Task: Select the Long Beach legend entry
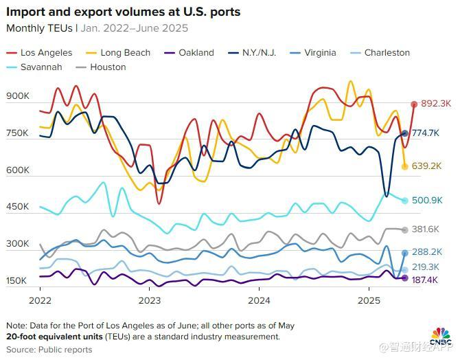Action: click(119, 52)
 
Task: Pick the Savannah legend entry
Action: click(41, 67)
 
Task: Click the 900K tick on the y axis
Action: click(17, 97)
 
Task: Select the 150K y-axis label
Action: click(17, 281)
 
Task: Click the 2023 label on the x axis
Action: click(149, 300)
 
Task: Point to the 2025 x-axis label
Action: click(369, 300)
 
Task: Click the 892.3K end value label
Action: click(435, 104)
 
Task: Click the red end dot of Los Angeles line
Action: click(414, 104)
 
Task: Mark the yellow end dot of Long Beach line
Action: click(405, 166)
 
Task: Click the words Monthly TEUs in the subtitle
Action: click(41, 28)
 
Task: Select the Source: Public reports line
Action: click(49, 350)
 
